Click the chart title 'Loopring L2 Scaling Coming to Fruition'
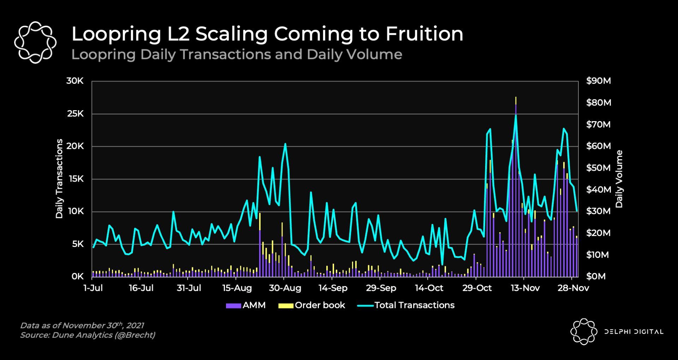(x=267, y=34)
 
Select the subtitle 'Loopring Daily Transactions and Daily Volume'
(x=237, y=55)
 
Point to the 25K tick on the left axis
(x=75, y=114)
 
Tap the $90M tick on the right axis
(x=598, y=81)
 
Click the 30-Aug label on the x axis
(x=285, y=288)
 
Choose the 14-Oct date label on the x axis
(x=429, y=288)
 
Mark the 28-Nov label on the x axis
(x=573, y=288)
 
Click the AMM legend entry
(x=246, y=305)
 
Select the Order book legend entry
(x=312, y=305)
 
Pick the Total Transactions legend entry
(x=406, y=305)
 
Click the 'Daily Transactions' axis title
(x=59, y=178)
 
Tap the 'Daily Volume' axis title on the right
(x=619, y=179)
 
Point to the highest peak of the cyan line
(x=516, y=115)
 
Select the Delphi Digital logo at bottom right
(x=617, y=331)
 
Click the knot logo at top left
(x=35, y=42)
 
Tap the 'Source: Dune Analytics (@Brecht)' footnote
(x=88, y=335)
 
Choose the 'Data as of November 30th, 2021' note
(x=82, y=325)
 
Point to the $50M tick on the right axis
(x=598, y=168)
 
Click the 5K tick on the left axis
(x=78, y=244)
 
